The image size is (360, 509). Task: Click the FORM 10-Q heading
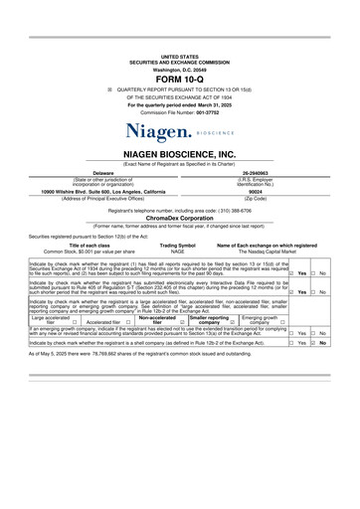tap(180, 81)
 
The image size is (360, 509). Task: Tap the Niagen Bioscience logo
tap(179, 130)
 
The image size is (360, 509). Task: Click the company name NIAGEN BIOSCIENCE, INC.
tap(179, 154)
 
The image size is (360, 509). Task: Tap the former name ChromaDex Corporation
tap(179, 225)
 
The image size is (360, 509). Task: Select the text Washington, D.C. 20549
tap(179, 70)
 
